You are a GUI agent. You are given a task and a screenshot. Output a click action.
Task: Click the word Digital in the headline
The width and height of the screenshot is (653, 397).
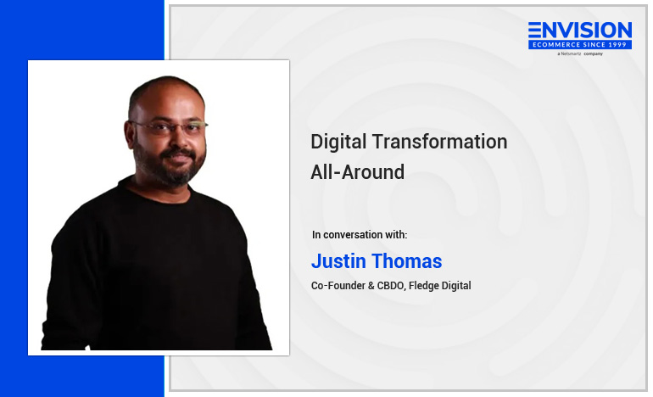[338, 142]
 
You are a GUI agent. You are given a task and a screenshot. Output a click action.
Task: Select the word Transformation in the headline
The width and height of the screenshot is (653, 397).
[439, 142]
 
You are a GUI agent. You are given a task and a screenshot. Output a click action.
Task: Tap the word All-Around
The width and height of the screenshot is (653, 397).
[357, 172]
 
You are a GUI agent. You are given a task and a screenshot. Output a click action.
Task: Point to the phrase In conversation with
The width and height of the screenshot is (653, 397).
[360, 234]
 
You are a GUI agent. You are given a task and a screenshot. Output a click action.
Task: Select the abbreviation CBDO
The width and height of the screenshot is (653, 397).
[391, 286]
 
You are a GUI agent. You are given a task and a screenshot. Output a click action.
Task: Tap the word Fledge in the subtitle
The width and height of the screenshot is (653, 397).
[421, 286]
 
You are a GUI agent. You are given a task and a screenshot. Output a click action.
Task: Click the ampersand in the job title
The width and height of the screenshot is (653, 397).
[371, 286]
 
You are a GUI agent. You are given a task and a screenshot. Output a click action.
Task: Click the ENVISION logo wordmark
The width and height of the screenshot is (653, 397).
[580, 31]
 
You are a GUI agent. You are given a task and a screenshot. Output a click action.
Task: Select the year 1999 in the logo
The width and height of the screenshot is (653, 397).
[617, 45]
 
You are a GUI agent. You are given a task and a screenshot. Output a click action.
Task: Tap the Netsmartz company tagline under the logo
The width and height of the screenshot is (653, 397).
[580, 53]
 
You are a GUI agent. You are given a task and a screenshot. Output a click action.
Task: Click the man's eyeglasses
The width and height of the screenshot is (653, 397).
[170, 126]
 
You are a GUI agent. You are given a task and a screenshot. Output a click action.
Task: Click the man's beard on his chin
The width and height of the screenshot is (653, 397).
[177, 175]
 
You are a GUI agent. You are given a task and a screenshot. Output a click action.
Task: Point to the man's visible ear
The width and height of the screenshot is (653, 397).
[130, 133]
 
